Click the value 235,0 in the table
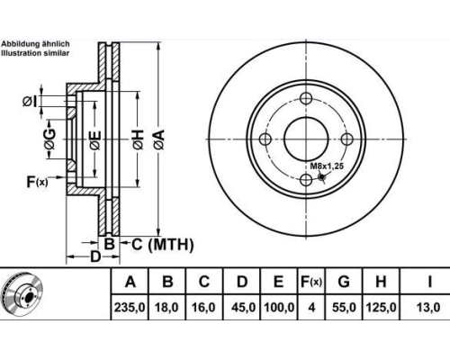(x=130, y=308)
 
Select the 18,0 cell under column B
(x=166, y=308)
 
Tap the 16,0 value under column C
(x=203, y=308)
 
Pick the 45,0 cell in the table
(x=243, y=308)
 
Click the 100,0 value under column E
(x=279, y=308)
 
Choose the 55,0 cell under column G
(x=344, y=308)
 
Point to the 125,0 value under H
(x=381, y=308)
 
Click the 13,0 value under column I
(x=428, y=308)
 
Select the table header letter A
(x=130, y=282)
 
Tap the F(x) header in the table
(x=311, y=282)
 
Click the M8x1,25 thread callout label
(x=327, y=166)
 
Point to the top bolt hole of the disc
(x=306, y=98)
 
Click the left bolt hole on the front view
(x=265, y=139)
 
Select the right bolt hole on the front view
(x=347, y=139)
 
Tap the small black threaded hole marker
(x=322, y=177)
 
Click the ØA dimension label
(x=160, y=139)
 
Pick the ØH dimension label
(x=139, y=140)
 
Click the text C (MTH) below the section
(x=163, y=245)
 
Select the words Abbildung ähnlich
(x=35, y=44)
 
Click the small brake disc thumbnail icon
(x=22, y=292)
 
